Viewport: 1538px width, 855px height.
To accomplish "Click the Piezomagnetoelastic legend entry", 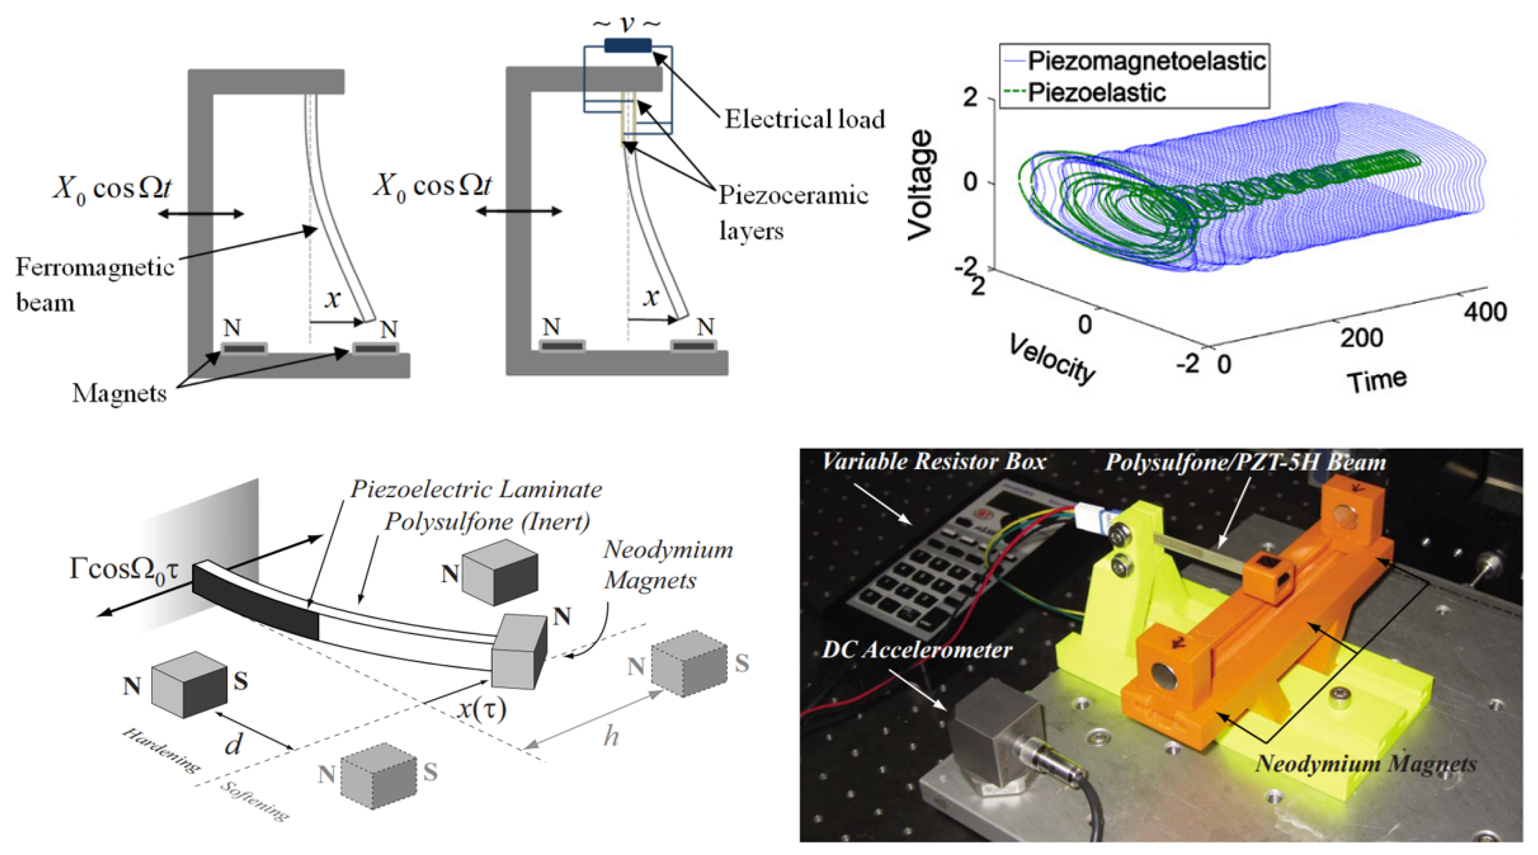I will coord(1146,61).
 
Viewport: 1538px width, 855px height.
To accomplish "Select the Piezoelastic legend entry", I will coord(1096,92).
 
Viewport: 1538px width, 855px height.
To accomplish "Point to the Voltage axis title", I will coord(919,185).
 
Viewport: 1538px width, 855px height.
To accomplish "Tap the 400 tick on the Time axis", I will coord(1484,312).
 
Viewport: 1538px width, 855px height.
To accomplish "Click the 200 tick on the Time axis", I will coord(1361,338).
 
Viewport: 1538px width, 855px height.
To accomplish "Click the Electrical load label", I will coord(804,119).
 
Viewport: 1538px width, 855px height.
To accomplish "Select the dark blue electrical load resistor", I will coord(627,45).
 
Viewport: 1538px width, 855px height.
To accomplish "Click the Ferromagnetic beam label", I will coord(94,284).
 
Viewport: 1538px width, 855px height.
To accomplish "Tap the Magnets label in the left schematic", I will coord(119,393).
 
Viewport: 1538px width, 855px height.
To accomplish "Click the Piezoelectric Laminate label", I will coord(476,489).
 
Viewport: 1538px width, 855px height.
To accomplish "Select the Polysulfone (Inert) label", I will coord(487,522).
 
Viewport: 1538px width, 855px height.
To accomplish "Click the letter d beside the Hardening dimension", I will coord(233,744).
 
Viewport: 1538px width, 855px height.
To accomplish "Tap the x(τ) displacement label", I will coord(482,709).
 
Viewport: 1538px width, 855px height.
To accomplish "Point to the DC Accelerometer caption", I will coord(917,649).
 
